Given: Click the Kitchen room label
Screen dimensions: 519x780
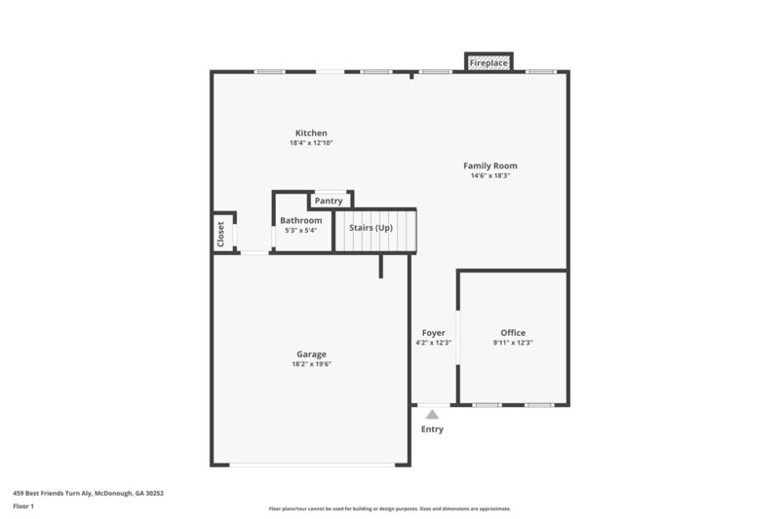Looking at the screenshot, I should (x=311, y=132).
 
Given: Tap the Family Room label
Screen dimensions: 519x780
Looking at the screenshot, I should (x=489, y=166).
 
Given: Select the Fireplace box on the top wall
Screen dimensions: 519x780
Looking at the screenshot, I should (x=488, y=63).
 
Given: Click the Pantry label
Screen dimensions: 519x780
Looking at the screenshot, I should (x=329, y=201).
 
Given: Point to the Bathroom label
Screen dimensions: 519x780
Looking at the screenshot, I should (x=300, y=221).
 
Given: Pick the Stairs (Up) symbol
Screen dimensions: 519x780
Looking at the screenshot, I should (x=375, y=234).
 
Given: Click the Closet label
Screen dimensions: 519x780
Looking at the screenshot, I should (x=221, y=234).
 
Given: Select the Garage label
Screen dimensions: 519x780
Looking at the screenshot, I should (x=311, y=354).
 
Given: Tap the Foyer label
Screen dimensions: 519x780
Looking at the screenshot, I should (x=433, y=333).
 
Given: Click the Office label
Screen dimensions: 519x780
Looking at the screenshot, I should (x=513, y=333).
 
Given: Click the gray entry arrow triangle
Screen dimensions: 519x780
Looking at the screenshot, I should (x=432, y=415).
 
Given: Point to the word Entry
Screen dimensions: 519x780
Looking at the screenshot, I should (x=432, y=429).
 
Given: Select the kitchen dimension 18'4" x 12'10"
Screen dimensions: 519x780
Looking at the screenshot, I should (x=311, y=143).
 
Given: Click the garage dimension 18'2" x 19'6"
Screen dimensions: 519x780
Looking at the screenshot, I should (x=311, y=364).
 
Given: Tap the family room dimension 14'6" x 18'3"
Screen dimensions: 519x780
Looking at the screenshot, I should (x=489, y=176).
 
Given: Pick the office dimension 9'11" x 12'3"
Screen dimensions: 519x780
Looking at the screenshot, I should (x=513, y=343).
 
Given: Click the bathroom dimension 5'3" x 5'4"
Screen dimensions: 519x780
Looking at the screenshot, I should (x=300, y=231).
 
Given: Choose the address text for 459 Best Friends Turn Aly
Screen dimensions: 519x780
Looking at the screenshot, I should (x=88, y=494).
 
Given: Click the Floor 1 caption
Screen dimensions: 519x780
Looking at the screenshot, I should (x=23, y=506).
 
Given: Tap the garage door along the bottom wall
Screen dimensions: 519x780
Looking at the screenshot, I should (x=311, y=464).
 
